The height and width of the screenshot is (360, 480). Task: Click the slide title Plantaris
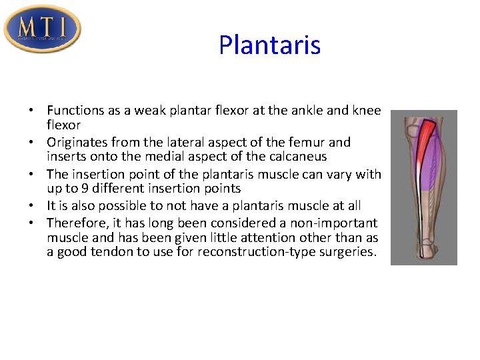[x=269, y=45]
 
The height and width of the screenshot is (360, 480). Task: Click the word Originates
[x=75, y=142]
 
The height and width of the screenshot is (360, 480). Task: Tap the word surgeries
[x=349, y=253]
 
